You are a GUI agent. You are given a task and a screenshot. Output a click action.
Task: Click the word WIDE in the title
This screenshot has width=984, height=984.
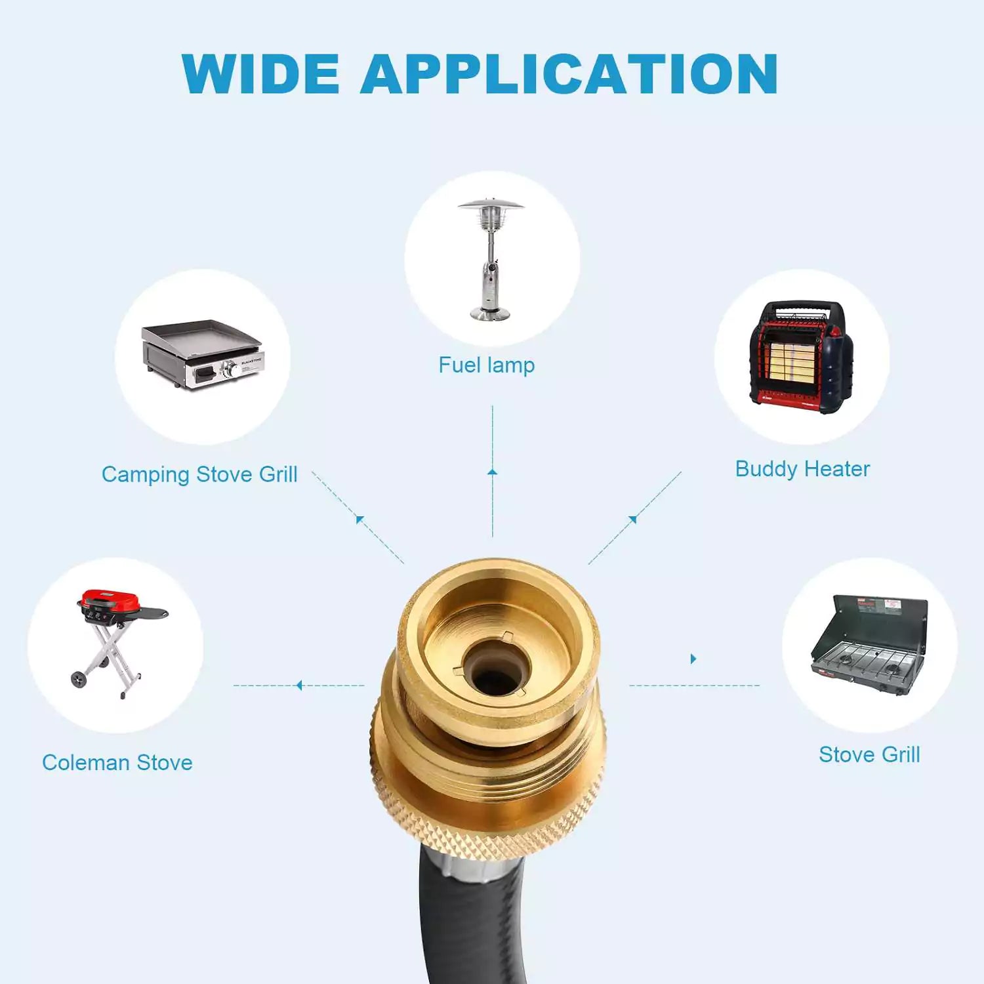(260, 73)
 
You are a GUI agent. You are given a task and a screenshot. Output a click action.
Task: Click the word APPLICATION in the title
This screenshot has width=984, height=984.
(569, 73)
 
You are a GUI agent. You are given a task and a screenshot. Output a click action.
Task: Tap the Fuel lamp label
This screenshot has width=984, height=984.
(487, 365)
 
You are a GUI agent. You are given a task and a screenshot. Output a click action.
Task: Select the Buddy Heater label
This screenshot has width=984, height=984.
(802, 468)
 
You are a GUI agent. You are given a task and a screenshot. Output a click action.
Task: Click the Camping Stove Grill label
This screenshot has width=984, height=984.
(199, 474)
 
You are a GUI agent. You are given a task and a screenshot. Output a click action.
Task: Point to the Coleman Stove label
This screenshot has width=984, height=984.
(117, 762)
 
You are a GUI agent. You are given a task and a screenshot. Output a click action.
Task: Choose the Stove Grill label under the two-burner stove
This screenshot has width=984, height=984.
(869, 754)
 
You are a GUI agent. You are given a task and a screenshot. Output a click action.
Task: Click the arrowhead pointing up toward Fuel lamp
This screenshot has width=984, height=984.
(493, 472)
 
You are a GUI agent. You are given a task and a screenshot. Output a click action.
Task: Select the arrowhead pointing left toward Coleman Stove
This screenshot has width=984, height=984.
(299, 686)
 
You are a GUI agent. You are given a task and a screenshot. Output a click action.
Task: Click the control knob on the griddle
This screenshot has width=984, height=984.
(230, 370)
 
